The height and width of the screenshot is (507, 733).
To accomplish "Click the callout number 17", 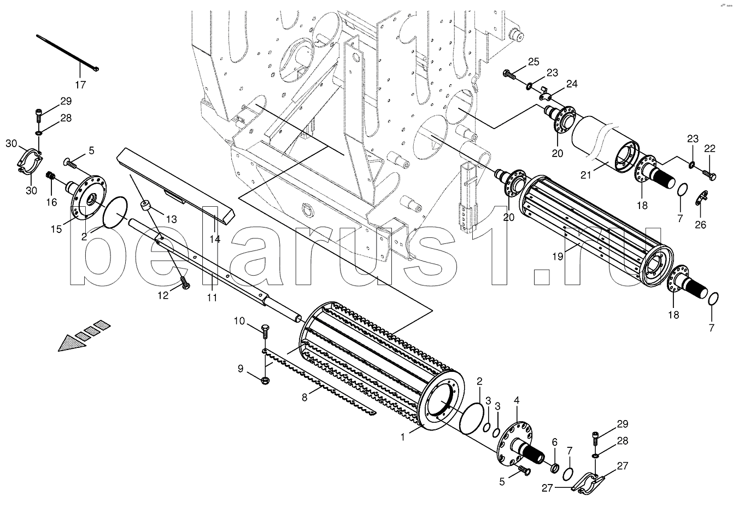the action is point(80,85).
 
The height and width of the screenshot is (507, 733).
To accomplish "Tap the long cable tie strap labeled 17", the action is point(67,53).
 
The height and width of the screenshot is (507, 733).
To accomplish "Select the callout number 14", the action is point(215,239).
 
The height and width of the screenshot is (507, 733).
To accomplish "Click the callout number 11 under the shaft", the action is point(212,298).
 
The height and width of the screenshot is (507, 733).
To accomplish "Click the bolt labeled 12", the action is point(185,283).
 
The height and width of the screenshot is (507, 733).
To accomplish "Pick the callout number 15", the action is point(56,229).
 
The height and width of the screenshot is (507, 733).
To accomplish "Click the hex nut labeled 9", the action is point(266,381).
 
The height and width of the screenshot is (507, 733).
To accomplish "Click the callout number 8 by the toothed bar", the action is point(304,398).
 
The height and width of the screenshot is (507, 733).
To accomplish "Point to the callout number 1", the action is point(403,437).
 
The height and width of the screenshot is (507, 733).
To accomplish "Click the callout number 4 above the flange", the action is point(517,400).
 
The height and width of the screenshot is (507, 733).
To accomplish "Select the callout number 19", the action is point(558,257).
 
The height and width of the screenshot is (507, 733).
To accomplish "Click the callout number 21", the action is point(586,175).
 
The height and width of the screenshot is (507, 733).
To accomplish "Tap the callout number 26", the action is point(700,225).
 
